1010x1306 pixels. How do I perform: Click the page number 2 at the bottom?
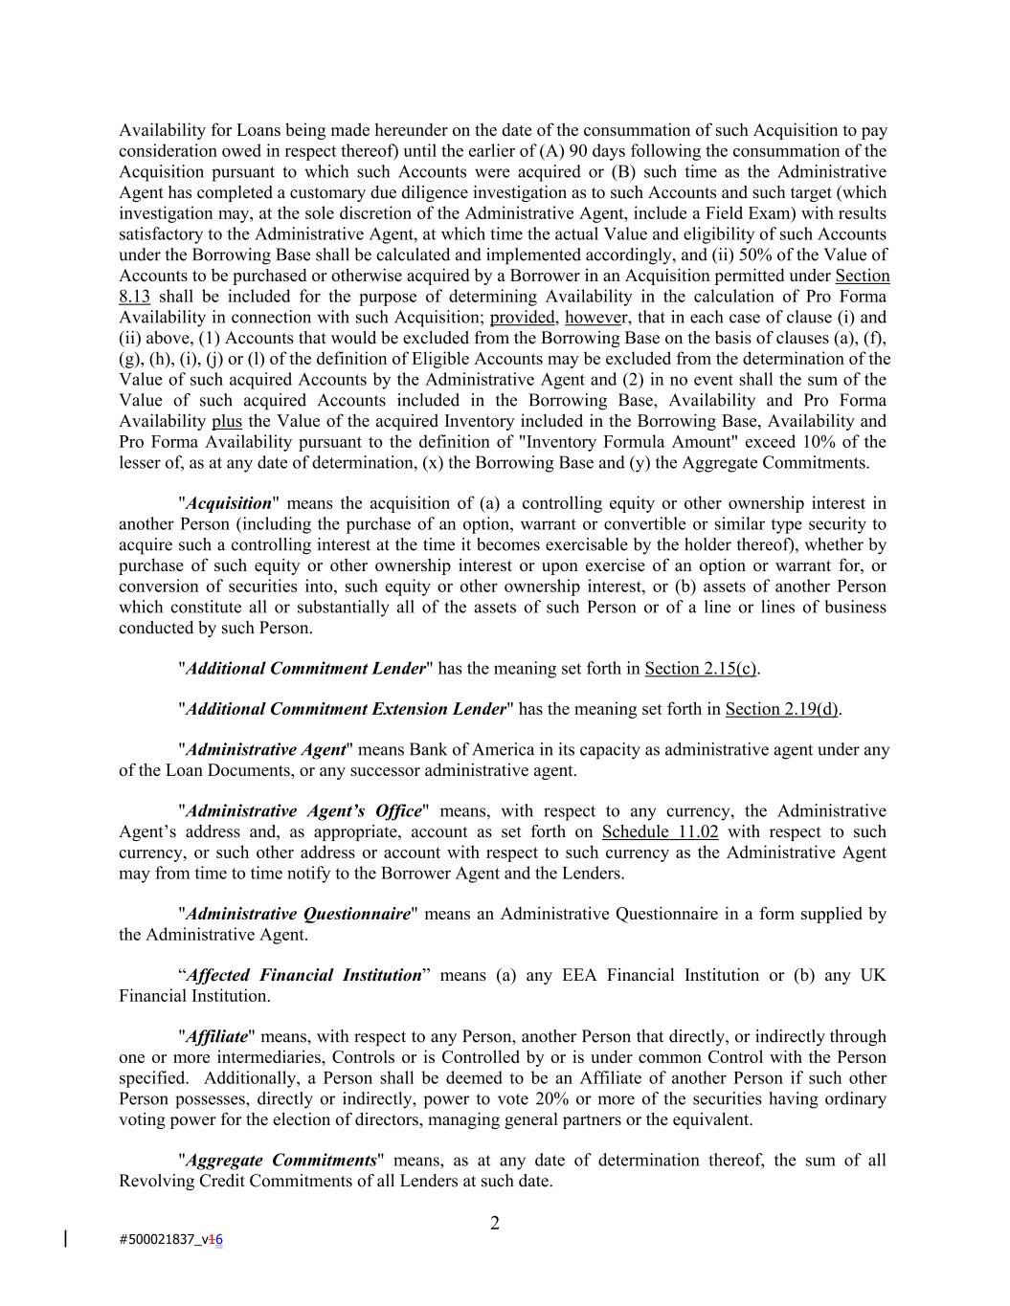(494, 1223)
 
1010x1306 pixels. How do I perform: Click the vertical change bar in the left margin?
(65, 1239)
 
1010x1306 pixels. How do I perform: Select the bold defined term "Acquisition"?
(229, 503)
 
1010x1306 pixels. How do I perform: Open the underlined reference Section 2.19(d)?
(782, 709)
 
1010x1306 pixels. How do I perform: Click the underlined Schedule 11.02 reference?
(660, 832)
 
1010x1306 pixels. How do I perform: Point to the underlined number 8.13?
(134, 297)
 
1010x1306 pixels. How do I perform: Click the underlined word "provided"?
(523, 318)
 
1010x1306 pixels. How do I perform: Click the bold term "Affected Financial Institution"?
(303, 975)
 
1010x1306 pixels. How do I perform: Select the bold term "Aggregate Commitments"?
(281, 1161)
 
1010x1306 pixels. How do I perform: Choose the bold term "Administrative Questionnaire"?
(299, 914)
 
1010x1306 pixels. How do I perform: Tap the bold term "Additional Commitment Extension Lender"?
(346, 709)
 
